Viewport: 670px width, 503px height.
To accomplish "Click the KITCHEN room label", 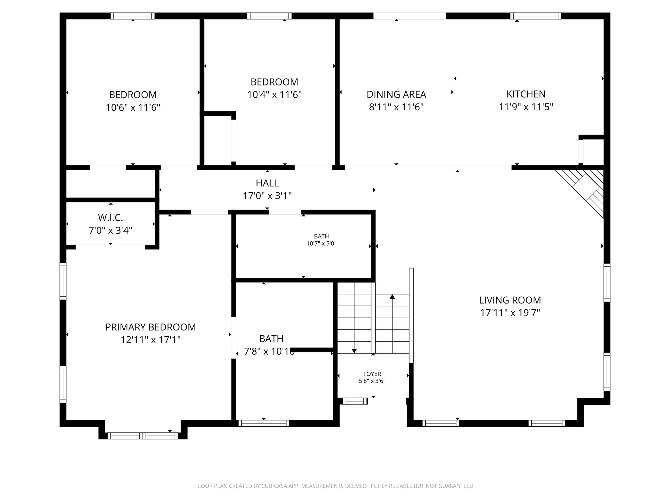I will (526, 94).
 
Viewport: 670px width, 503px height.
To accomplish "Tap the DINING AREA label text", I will (396, 95).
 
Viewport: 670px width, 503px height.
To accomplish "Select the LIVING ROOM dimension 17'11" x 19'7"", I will (510, 313).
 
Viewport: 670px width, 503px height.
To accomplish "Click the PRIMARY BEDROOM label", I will (150, 327).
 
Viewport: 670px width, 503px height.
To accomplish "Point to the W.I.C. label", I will (111, 217).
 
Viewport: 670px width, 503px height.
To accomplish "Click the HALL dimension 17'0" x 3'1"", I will (267, 196).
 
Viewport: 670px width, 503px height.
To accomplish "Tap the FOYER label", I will (372, 374).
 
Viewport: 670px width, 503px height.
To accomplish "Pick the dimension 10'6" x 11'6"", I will (133, 107).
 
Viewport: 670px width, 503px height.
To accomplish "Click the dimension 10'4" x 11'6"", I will (274, 95).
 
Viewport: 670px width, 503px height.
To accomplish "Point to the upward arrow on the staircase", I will (392, 297).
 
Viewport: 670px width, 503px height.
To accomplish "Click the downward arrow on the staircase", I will (354, 351).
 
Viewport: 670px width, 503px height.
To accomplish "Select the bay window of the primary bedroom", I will (143, 436).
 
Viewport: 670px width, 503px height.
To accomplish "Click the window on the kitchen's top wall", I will (536, 16).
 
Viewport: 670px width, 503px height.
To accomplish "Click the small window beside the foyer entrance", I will (355, 401).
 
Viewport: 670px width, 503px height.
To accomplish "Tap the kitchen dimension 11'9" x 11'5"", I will (526, 107).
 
